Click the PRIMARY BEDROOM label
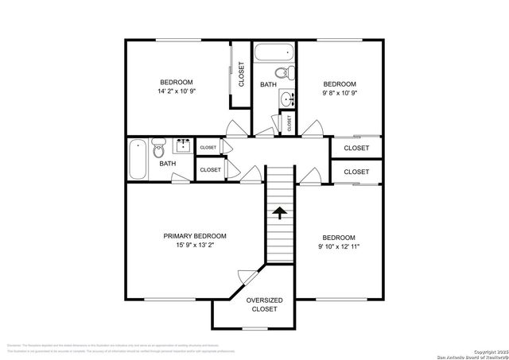tap(195, 236)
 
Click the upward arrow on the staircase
tap(279, 212)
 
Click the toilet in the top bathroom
tap(291, 74)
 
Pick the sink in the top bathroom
tap(287, 100)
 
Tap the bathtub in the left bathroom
tap(138, 160)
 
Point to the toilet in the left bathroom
tap(158, 147)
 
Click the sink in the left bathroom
tap(183, 145)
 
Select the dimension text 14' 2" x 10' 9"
tap(177, 91)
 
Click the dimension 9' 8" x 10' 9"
tap(338, 93)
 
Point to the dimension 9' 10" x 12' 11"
tap(338, 246)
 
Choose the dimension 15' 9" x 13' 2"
tap(195, 246)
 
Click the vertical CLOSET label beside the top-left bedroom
tap(241, 74)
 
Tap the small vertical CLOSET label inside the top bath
tap(289, 122)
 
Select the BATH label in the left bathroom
tap(167, 164)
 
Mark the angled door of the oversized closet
tap(247, 278)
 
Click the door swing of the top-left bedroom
tap(236, 128)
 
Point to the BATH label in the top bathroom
tap(268, 84)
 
